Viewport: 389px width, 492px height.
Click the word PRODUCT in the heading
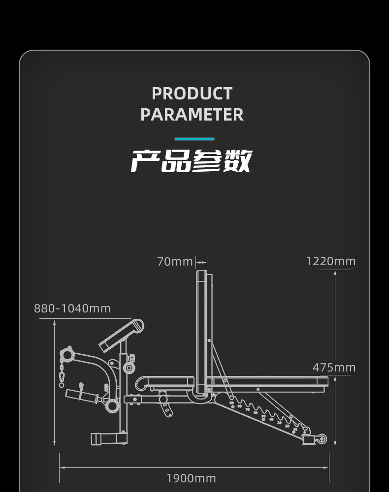point(192,93)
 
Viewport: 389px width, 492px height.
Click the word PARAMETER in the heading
point(192,115)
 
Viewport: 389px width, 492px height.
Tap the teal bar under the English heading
point(194,139)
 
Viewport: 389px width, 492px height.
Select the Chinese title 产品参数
point(192,161)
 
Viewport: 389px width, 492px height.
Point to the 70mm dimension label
point(175,261)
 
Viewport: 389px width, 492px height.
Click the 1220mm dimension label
point(330,261)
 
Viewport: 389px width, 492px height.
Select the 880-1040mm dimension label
point(72,308)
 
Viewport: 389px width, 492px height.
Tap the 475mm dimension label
point(334,368)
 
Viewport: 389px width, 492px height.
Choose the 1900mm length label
point(191,478)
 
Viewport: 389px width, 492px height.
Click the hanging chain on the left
point(62,369)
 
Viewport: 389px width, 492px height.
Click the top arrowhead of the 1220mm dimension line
point(335,272)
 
